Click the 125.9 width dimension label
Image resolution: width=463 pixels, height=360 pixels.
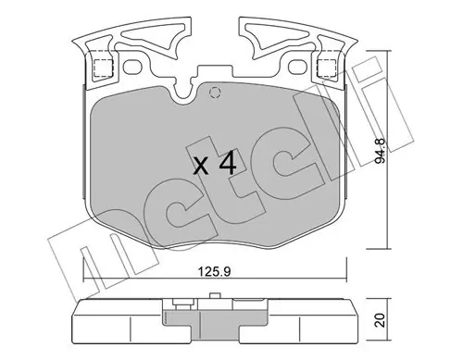[x=215, y=272]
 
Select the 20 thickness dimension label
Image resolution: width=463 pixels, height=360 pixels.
[x=381, y=320]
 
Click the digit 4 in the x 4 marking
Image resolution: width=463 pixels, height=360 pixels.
[x=228, y=163]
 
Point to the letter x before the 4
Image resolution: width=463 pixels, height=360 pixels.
[x=201, y=168]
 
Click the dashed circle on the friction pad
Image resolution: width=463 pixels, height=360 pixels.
[x=215, y=93]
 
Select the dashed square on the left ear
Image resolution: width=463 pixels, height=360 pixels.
[x=104, y=68]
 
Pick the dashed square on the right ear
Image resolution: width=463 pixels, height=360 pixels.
[x=327, y=68]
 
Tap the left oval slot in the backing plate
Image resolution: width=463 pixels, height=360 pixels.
[x=132, y=67]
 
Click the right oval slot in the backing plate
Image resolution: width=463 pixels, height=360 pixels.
[x=297, y=67]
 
